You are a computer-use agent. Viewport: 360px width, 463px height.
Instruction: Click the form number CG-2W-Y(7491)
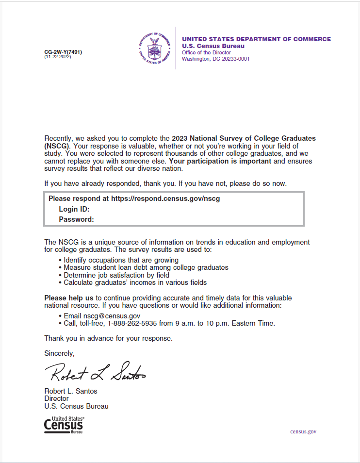pos(63,52)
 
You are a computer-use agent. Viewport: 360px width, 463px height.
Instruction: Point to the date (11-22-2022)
pos(58,57)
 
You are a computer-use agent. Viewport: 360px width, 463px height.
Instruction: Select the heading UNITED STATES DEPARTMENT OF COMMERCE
pos(256,39)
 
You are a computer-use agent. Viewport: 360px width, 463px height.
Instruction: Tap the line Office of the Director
pos(206,52)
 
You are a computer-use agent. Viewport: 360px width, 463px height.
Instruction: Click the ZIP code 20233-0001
pos(234,59)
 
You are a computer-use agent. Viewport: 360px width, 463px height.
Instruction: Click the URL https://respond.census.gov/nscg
pos(165,198)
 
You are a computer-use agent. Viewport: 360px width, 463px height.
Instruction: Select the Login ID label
pos(74,209)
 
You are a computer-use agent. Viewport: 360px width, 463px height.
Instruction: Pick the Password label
pos(76,219)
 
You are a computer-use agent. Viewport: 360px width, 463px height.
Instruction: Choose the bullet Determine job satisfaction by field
pos(116,275)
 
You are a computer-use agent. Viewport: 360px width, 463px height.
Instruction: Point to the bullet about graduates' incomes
pos(135,282)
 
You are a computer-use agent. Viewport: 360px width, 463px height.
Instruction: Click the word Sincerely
pos(59,353)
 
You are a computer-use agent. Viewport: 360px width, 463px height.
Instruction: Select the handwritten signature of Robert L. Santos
pos(95,373)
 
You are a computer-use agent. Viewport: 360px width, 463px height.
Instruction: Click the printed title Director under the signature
pos(56,398)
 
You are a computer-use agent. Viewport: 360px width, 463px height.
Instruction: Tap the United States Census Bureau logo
pos(64,424)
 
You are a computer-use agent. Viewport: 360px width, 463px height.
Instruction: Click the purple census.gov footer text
pos(303,431)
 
